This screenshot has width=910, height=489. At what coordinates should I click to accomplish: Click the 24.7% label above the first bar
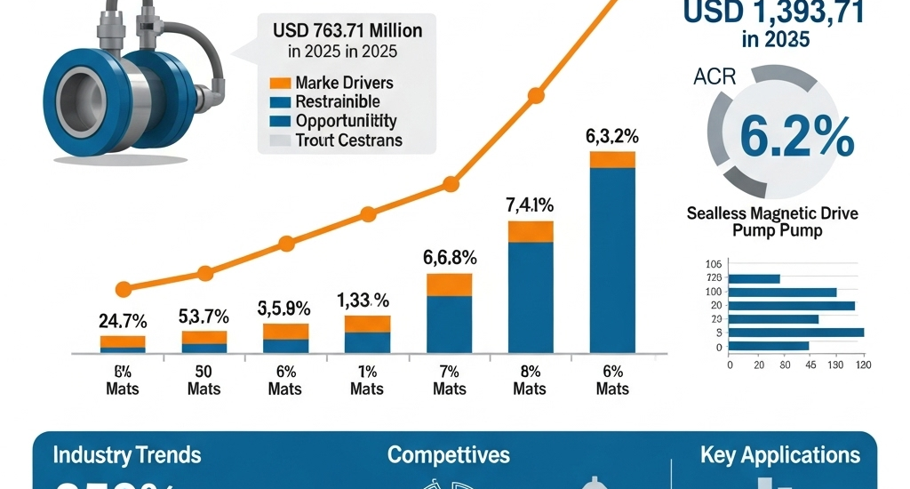click(123, 321)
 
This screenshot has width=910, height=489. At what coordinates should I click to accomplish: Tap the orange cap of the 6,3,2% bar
click(612, 159)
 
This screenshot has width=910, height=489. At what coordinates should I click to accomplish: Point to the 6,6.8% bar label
click(449, 258)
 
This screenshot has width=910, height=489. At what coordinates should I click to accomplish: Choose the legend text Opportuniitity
click(346, 121)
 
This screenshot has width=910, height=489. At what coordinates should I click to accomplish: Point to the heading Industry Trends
click(127, 456)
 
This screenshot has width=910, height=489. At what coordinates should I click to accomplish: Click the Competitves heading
click(449, 456)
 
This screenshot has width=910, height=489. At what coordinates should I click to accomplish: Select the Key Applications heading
click(780, 456)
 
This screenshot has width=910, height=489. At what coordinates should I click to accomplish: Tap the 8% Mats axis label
click(531, 381)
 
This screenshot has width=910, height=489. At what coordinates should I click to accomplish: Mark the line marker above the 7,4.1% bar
click(535, 95)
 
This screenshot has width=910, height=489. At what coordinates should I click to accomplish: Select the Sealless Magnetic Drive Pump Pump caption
click(778, 221)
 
